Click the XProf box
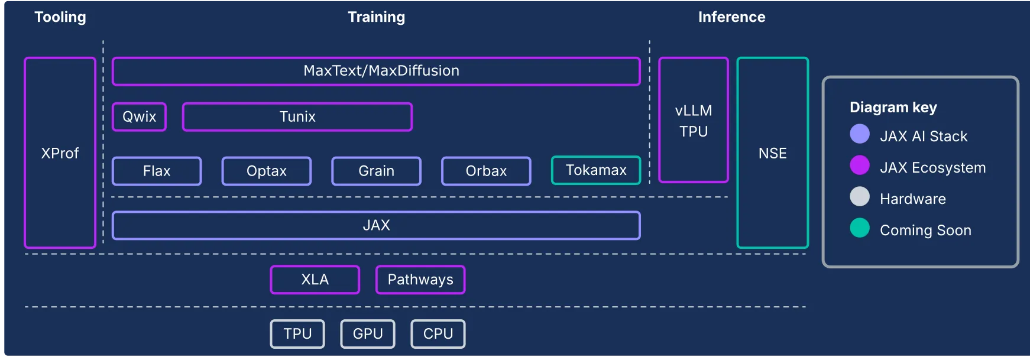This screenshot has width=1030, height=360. tap(60, 153)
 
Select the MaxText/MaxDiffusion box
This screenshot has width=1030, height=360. tap(376, 72)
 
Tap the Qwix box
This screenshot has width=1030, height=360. tap(139, 116)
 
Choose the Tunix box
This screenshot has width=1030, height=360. tap(297, 116)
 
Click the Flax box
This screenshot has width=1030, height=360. tap(157, 171)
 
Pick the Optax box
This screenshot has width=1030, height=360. tap(267, 171)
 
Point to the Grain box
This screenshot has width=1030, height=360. tap(376, 171)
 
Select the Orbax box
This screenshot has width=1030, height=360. tap(486, 171)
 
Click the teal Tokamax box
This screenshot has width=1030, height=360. tap(596, 170)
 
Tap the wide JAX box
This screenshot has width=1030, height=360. tap(376, 225)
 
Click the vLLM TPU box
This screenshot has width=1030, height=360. tap(694, 120)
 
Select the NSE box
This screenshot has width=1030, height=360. tap(772, 153)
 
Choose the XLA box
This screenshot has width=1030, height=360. tap(315, 280)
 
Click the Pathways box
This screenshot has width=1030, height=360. tap(420, 280)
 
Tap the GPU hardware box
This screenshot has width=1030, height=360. tap(368, 334)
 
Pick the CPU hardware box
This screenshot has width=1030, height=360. tap(438, 334)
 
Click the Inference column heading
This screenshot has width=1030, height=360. tap(731, 17)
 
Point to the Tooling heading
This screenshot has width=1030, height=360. tap(60, 17)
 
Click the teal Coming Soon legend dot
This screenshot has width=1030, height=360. tap(860, 228)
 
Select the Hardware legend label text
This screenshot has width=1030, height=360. tap(912, 199)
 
